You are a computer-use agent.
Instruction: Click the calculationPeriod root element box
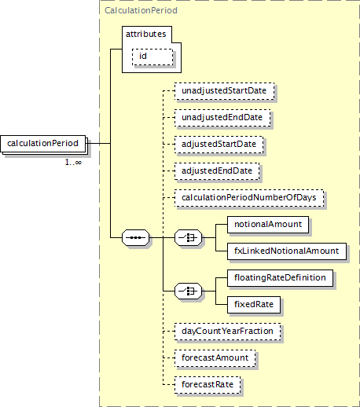coord(43,144)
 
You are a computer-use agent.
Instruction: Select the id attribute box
coord(152,57)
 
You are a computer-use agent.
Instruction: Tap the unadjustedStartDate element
coord(224,91)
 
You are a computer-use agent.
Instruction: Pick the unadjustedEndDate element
coord(222,118)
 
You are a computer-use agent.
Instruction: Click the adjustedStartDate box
coord(219,145)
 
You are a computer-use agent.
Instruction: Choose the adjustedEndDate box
coord(217,171)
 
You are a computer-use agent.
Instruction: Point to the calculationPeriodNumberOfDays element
coord(249,198)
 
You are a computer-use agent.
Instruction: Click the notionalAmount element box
coord(268,225)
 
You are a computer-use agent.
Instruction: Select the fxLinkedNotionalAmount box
coord(287,251)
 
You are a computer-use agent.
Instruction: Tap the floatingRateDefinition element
coord(280,278)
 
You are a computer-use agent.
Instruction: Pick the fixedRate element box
coord(254,305)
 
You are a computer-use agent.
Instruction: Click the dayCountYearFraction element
coord(228,332)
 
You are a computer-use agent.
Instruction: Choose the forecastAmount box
coord(215,358)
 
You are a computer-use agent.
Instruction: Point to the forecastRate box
coord(208,385)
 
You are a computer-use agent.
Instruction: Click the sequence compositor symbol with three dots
coord(136,238)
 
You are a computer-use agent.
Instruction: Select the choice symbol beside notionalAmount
coord(189,238)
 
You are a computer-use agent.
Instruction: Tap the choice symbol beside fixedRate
coord(189,291)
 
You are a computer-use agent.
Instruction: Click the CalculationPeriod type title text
coord(141,10)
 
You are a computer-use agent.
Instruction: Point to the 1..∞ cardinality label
coord(73,163)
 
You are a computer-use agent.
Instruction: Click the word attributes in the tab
coord(146,34)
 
